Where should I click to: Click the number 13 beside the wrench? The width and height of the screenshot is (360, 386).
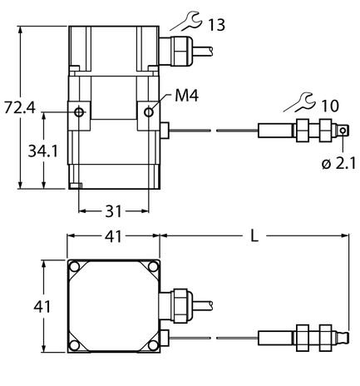coord(215,26)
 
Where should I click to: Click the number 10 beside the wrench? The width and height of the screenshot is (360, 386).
coord(329,105)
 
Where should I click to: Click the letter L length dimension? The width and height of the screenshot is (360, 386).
coord(254,236)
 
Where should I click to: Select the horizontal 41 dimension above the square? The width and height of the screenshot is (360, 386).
coord(114,237)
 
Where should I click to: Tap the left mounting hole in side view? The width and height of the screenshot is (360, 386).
coord(78,112)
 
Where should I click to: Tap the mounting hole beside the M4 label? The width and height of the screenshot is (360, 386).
coord(150,111)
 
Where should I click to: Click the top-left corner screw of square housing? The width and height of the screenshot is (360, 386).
coord(76,268)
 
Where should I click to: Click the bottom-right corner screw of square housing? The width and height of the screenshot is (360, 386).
coord(152,344)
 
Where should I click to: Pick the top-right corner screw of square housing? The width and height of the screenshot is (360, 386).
coord(152,268)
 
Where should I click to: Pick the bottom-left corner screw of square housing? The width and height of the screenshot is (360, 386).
coord(76,344)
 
